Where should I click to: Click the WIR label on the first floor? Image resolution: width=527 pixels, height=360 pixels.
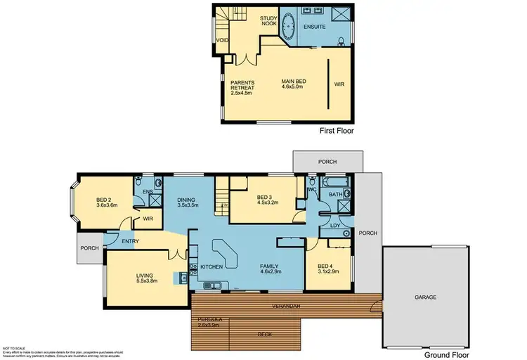(x=340, y=84)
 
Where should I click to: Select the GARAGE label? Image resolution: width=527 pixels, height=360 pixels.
(x=425, y=297)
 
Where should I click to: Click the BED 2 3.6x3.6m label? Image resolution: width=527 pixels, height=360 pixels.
(x=107, y=202)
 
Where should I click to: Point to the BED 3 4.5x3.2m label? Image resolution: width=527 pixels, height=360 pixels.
(x=268, y=200)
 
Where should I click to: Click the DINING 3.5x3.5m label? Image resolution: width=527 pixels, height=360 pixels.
(x=188, y=202)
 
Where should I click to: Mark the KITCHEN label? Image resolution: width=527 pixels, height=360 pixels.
(x=212, y=267)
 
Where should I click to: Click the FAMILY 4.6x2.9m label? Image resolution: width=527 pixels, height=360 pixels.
(x=271, y=268)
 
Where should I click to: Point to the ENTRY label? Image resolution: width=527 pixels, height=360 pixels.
(x=131, y=241)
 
